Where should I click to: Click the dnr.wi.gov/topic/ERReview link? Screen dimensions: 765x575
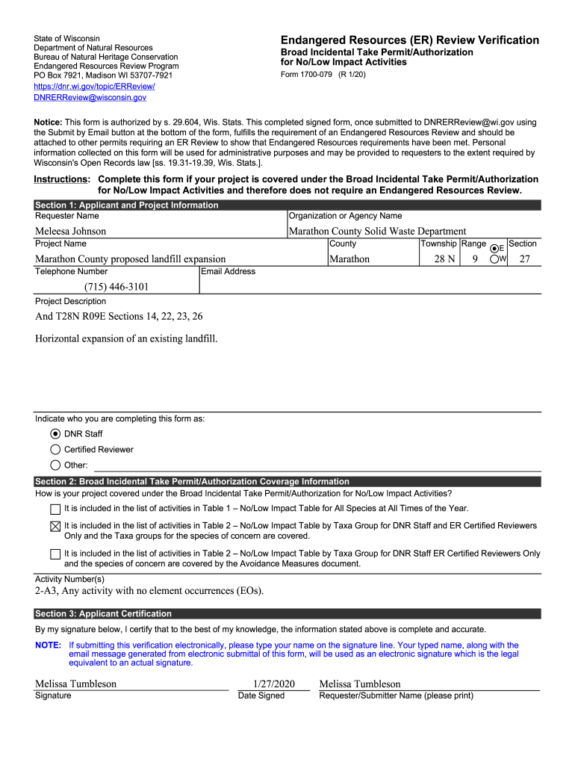[94, 87]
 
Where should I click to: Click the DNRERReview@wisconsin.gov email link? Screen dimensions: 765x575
[90, 98]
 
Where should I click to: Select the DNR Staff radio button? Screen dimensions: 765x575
[55, 434]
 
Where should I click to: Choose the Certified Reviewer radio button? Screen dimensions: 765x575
[55, 450]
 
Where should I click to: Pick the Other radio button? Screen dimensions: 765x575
[55, 465]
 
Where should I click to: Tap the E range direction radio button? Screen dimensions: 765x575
[494, 248]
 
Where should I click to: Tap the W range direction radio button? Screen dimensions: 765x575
[494, 259]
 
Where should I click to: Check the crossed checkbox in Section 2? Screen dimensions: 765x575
[55, 526]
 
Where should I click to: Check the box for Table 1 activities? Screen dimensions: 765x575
[55, 510]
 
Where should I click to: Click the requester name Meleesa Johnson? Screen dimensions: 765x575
[71, 231]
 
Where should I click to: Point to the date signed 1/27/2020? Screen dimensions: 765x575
[274, 684]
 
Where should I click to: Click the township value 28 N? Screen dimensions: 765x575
[445, 259]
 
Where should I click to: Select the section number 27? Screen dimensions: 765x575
[524, 259]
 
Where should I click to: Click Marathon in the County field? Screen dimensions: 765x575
[349, 259]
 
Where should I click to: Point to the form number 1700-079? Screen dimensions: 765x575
[323, 75]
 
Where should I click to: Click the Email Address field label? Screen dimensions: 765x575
[229, 272]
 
